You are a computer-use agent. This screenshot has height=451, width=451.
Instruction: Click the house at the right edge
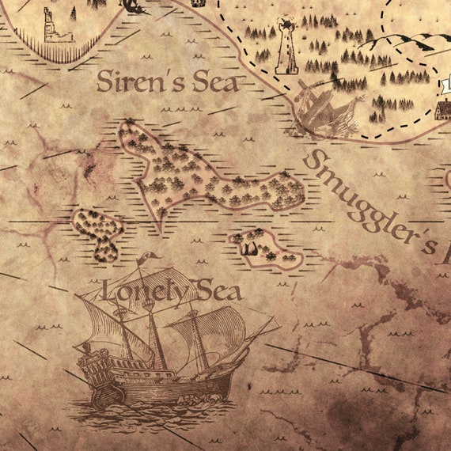443,107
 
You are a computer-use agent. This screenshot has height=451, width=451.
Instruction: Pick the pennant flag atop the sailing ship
149,257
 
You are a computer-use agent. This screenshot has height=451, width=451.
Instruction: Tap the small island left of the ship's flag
97,232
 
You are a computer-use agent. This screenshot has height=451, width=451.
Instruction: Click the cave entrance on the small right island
251,249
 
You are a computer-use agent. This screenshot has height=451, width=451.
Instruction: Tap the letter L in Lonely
109,291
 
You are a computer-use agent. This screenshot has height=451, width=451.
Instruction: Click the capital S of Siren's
104,81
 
